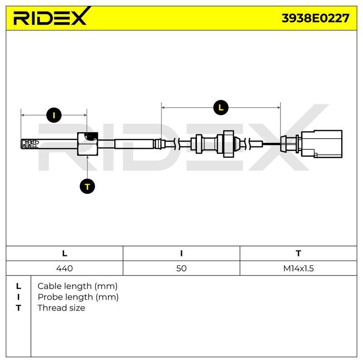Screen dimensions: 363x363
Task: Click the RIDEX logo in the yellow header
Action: [52, 16]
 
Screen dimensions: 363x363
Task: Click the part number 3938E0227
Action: [315, 18]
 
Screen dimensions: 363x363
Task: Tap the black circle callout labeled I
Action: [54, 115]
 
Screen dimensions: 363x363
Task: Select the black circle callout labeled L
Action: [221, 108]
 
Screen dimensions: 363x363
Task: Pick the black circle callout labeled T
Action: [87, 186]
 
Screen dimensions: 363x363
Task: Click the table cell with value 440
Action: [64, 268]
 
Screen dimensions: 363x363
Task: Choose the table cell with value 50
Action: [181, 268]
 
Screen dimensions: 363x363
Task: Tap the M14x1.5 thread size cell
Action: [299, 268]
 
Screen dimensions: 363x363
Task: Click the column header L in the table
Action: [64, 253]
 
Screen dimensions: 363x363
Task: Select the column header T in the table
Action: [299, 253]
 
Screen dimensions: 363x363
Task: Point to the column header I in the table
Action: [181, 253]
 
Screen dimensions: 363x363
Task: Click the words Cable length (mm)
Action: [78, 286]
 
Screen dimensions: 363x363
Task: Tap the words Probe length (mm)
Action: [78, 297]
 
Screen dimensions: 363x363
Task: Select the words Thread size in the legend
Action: [61, 308]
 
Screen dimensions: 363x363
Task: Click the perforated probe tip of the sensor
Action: [29, 144]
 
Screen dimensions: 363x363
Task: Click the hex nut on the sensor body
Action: [88, 144]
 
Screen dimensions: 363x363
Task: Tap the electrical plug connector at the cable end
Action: [322, 144]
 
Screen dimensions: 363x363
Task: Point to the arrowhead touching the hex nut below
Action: [87, 157]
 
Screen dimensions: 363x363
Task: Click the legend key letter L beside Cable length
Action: [19, 286]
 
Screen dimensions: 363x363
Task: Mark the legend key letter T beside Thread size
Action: [19, 308]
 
